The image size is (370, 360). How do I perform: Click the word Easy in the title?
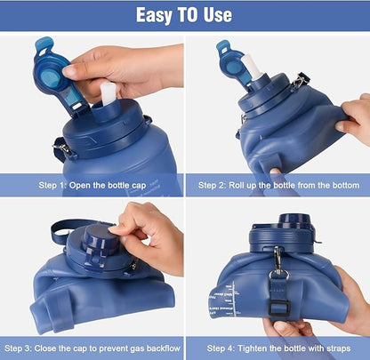157,15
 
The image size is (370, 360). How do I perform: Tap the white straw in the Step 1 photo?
108,92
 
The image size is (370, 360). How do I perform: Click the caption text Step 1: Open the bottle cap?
92,185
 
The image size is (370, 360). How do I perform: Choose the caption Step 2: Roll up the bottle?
278,185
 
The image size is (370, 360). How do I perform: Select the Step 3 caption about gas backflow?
92,347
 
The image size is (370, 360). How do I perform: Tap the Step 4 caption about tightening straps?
278,347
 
